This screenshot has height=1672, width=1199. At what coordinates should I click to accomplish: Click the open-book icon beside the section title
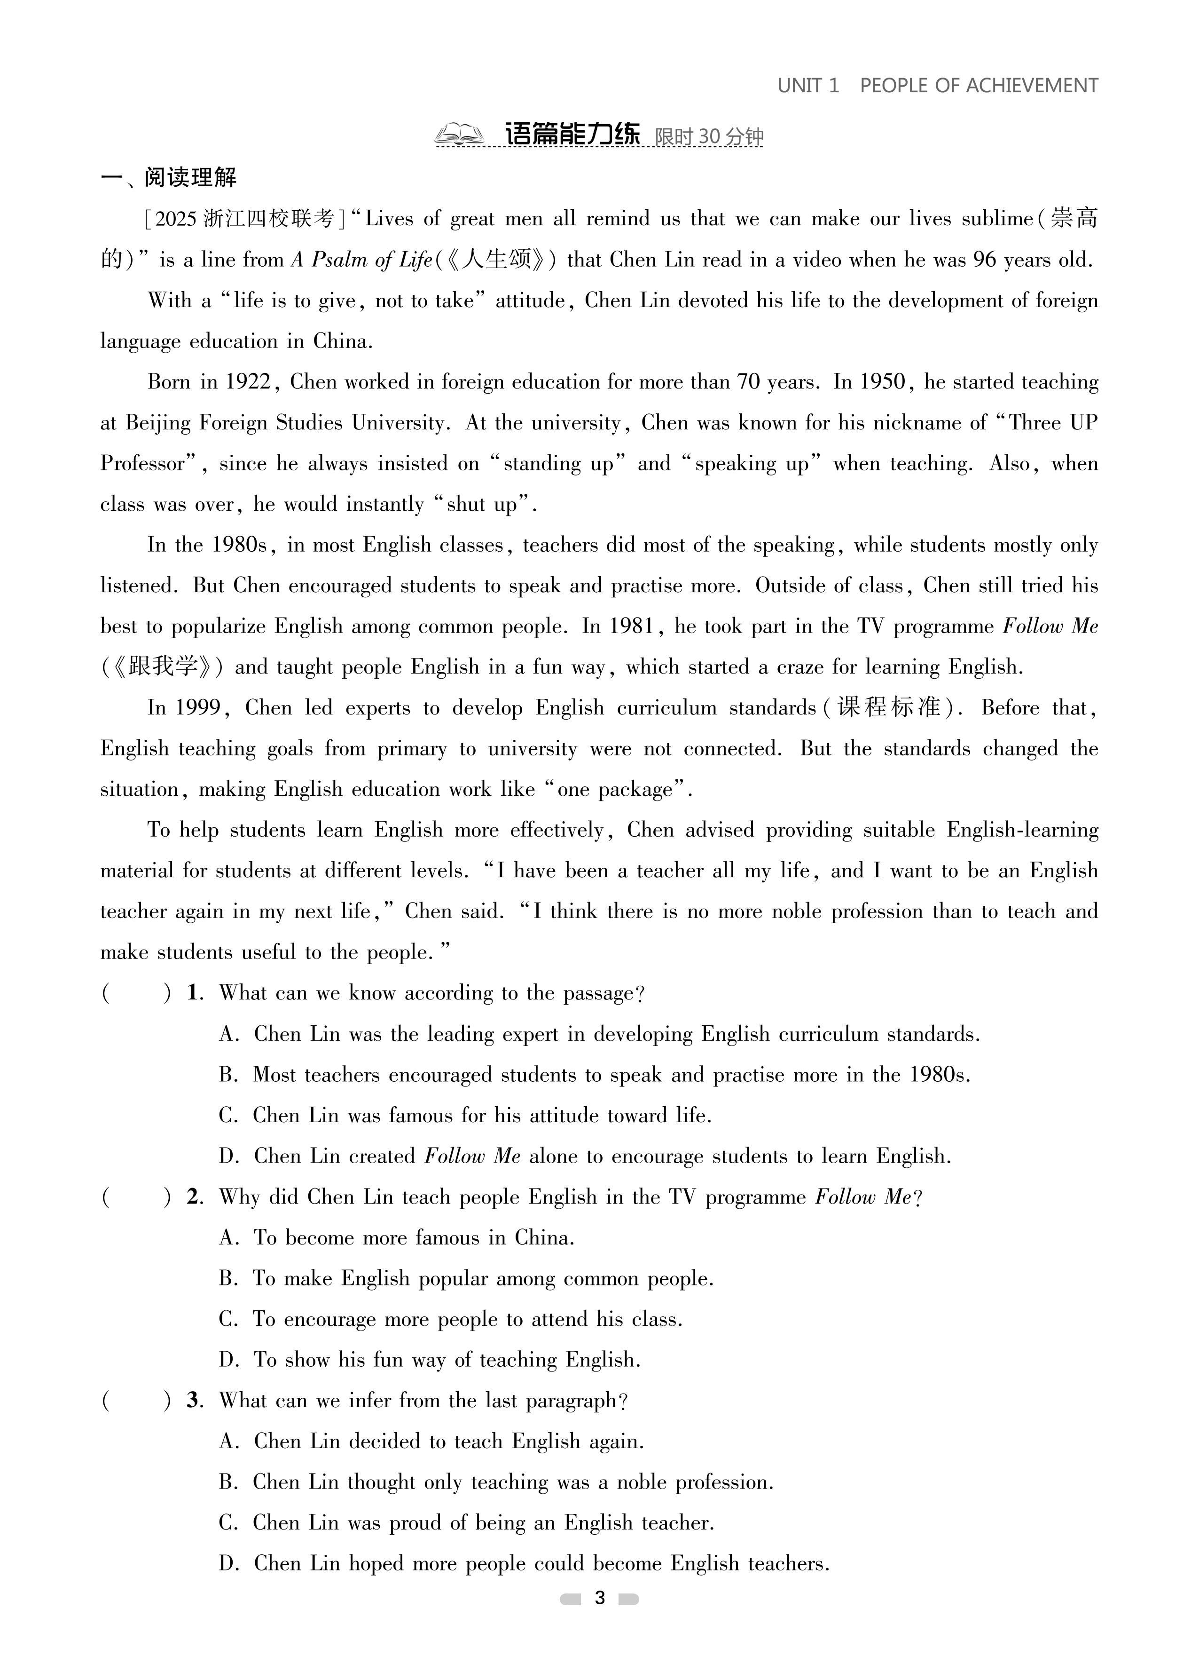(x=458, y=135)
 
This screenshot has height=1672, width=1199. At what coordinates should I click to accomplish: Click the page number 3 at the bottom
(x=599, y=1598)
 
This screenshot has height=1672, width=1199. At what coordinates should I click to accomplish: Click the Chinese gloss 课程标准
(x=889, y=708)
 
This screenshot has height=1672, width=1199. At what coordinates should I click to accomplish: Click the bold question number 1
(x=194, y=993)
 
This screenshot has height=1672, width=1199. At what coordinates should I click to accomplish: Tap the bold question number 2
(x=194, y=1197)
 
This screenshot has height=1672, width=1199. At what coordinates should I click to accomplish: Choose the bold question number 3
(x=194, y=1401)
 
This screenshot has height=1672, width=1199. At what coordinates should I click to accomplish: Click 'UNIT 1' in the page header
(x=807, y=86)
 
